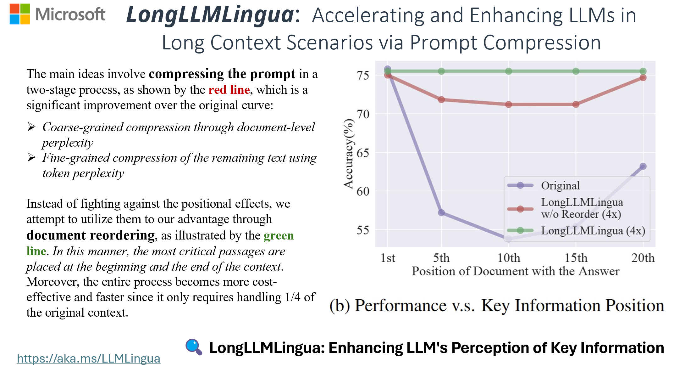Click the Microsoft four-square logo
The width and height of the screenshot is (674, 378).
point(20,14)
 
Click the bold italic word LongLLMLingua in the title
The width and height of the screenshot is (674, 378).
point(210,15)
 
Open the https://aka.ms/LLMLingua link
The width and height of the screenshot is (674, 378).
point(88,358)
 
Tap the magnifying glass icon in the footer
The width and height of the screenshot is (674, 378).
point(194,347)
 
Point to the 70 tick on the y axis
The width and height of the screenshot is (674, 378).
point(363,114)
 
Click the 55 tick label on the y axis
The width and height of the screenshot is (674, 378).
point(363,230)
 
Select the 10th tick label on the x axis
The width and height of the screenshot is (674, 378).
point(509,258)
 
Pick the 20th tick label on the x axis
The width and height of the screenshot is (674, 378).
point(643,258)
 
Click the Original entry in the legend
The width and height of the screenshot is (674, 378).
point(560,185)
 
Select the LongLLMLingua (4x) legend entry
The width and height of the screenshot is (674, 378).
point(593,231)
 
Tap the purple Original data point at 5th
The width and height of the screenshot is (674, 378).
point(441,213)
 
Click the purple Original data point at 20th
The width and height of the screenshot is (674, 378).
point(643,166)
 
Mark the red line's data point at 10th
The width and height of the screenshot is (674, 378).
point(509,104)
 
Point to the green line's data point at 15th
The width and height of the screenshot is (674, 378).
point(576,71)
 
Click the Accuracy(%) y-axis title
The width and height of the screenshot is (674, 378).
point(348,154)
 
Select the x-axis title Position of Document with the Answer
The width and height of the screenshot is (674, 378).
point(516,271)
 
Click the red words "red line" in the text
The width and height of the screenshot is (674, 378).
point(229,90)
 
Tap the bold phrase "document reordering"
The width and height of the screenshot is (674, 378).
point(91,235)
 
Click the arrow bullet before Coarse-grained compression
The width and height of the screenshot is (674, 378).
point(31,127)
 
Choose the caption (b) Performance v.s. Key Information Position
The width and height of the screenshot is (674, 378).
point(497,306)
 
